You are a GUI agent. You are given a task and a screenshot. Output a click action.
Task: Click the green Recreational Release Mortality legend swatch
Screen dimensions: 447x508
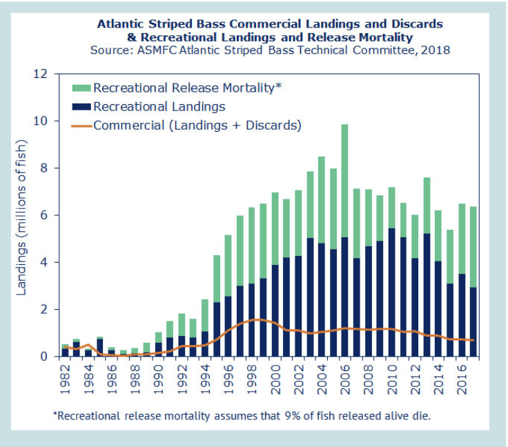pyautogui.click(x=81, y=88)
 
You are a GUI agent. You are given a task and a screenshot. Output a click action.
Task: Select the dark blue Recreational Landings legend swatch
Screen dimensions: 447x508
pyautogui.click(x=81, y=106)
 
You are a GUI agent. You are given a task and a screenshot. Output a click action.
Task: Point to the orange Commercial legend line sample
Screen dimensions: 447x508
pyautogui.click(x=81, y=125)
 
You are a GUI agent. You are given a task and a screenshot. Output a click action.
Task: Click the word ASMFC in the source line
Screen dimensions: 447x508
pyautogui.click(x=150, y=50)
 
